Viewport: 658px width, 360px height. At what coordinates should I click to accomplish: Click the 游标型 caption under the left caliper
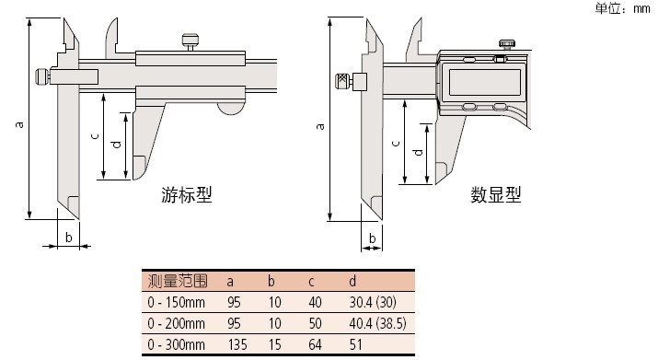pyautogui.click(x=187, y=195)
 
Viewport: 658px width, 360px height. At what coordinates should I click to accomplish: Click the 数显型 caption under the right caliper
pyautogui.click(x=496, y=195)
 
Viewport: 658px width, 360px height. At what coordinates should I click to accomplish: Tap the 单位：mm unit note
pyautogui.click(x=623, y=8)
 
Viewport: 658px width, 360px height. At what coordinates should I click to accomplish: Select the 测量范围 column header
pyautogui.click(x=178, y=281)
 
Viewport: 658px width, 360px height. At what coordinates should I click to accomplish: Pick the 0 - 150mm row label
pyautogui.click(x=177, y=302)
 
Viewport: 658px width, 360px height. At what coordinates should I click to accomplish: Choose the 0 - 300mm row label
pyautogui.click(x=177, y=345)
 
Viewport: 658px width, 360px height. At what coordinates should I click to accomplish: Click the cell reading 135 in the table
pyautogui.click(x=237, y=345)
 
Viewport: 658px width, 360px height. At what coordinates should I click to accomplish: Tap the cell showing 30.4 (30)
pyautogui.click(x=373, y=302)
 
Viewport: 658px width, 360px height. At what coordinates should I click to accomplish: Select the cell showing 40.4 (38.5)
pyautogui.click(x=377, y=323)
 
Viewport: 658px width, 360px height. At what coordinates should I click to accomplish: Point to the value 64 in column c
pyautogui.click(x=315, y=345)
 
